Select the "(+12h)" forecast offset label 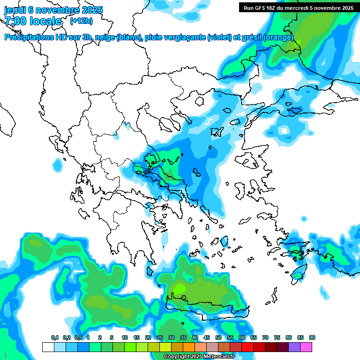[x=81, y=21]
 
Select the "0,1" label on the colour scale [x=55, y=338]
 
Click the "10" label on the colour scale [x=125, y=338]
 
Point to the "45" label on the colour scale [x=207, y=338]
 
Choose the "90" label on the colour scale [x=312, y=338]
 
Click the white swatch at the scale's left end [x=48, y=347]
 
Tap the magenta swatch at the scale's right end [x=306, y=347]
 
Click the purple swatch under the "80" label [x=294, y=347]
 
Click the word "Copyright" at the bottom [x=177, y=357]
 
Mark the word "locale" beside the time [x=45, y=22]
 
